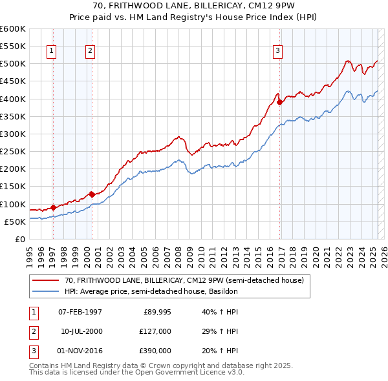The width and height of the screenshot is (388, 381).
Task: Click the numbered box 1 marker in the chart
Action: tap(51, 52)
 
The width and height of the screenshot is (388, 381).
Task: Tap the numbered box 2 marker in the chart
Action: tap(91, 52)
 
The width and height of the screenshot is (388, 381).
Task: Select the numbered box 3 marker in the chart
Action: tap(277, 52)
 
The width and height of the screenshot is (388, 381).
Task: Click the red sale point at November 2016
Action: tap(279, 102)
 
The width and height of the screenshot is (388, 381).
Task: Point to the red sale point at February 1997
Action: tap(53, 207)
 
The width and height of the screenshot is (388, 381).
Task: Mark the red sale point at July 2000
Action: tap(92, 194)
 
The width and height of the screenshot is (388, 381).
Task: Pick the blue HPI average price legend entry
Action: tap(151, 291)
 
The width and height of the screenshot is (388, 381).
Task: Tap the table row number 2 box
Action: tap(32, 331)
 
